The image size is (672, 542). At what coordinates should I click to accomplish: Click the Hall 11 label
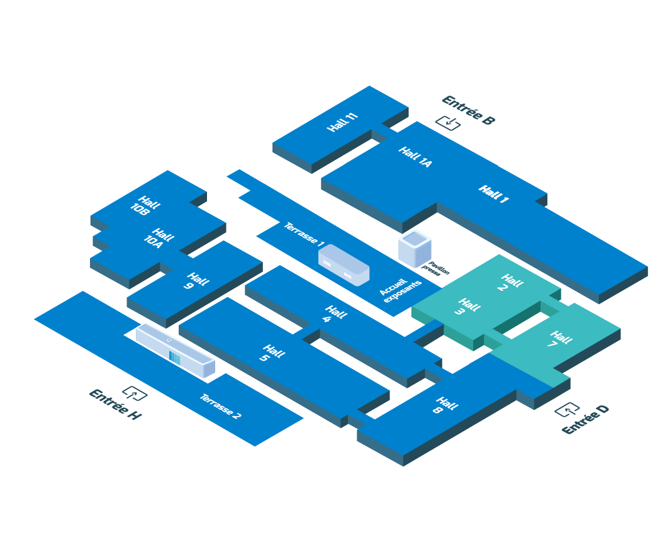[x=343, y=122]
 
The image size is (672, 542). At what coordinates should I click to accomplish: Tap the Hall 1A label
[x=415, y=157]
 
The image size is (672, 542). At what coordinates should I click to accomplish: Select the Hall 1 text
[x=493, y=195]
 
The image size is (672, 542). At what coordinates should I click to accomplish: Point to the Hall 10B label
[x=145, y=206]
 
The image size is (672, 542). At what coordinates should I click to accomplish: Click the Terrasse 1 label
[x=304, y=234]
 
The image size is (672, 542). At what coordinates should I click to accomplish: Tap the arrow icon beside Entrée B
[x=448, y=123]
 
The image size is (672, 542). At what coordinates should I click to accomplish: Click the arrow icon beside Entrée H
[x=135, y=393]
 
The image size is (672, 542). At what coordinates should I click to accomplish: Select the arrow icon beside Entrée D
[x=567, y=410]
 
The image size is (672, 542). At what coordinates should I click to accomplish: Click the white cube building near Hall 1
[x=415, y=248]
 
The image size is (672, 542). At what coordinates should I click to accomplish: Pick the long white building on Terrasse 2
[x=176, y=351]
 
